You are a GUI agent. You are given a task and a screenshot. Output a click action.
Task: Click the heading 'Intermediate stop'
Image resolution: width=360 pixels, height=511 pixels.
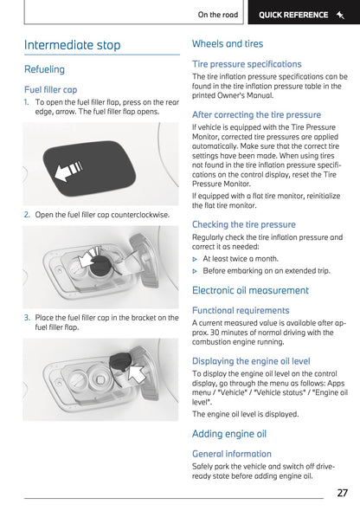click(x=72, y=45)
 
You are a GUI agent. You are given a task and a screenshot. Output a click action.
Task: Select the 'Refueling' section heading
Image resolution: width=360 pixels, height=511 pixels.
click(x=44, y=69)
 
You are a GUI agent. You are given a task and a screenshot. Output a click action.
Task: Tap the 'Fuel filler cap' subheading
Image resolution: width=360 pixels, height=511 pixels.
click(x=50, y=89)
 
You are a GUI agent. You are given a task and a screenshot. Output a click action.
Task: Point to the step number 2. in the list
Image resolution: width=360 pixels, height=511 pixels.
click(x=27, y=214)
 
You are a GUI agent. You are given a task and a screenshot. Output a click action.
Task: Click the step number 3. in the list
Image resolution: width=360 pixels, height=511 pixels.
click(x=27, y=318)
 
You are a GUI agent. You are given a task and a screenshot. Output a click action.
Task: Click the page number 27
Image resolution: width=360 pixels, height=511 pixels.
click(x=342, y=493)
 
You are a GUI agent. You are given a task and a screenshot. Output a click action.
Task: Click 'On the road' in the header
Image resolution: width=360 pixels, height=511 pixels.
click(x=218, y=15)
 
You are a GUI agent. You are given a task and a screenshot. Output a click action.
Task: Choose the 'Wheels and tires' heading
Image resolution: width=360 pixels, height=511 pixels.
click(x=228, y=43)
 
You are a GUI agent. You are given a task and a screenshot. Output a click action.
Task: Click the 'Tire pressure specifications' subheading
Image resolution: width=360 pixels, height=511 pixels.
click(x=247, y=64)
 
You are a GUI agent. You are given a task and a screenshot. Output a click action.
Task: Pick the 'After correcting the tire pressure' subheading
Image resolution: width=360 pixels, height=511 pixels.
click(x=256, y=114)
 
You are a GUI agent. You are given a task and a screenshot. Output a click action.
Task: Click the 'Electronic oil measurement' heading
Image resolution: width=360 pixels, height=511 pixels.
click(x=249, y=290)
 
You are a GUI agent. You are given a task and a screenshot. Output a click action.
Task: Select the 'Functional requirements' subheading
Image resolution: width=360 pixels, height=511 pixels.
click(x=241, y=310)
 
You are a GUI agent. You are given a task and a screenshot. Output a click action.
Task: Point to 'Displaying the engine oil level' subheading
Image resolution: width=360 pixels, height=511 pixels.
click(x=251, y=360)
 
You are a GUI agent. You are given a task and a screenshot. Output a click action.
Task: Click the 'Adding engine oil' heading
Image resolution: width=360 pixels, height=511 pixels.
click(x=229, y=433)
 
